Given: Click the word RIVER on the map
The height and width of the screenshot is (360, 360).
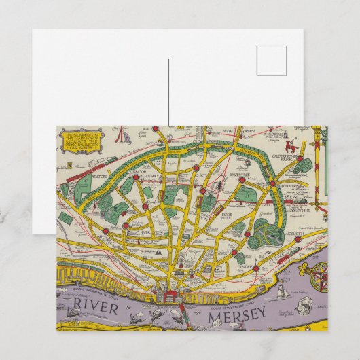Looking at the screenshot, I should [x=95, y=306].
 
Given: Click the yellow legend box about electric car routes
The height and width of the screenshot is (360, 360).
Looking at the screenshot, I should [x=81, y=143].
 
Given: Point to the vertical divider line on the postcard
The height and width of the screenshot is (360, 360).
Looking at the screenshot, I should [x=168, y=92].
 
